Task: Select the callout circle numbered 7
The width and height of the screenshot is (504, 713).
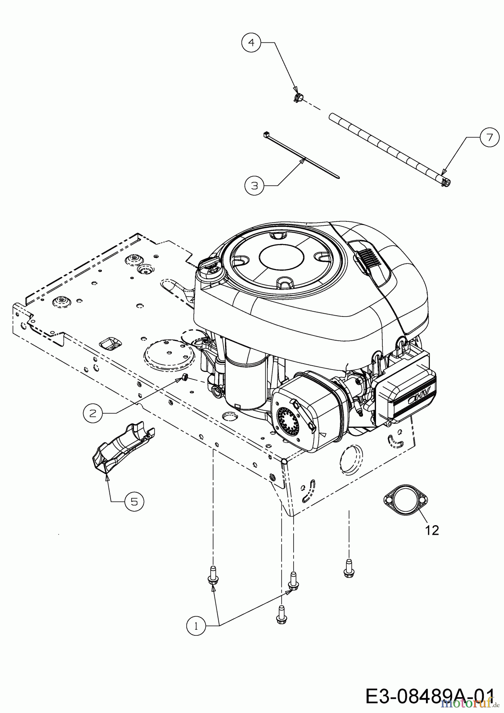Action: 489,137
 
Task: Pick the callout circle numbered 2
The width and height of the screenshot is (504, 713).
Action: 93,413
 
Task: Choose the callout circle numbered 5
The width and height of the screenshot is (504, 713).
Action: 134,501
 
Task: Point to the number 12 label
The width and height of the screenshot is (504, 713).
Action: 432,530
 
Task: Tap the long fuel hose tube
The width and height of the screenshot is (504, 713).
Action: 391,150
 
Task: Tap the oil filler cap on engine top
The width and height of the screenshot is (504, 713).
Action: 211,268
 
